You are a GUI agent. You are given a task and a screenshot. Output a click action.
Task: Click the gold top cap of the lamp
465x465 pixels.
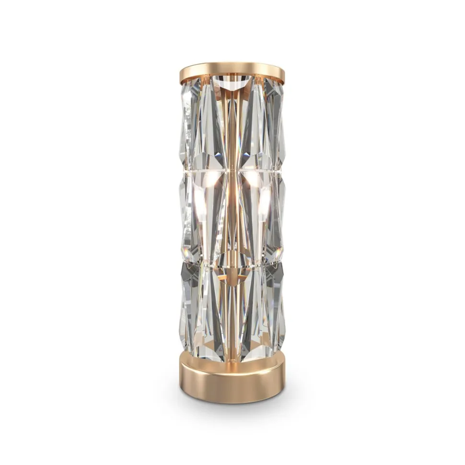pos(232,72)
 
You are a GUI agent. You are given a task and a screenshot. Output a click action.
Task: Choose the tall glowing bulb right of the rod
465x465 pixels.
pos(265,206)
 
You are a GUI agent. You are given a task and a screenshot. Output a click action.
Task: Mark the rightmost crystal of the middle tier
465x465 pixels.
pos(279,216)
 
